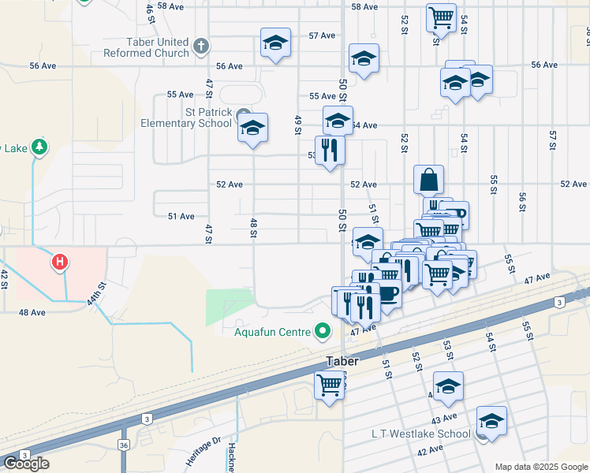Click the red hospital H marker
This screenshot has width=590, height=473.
point(58,261)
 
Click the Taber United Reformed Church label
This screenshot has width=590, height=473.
point(147,47)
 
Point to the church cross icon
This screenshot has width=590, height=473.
point(200,47)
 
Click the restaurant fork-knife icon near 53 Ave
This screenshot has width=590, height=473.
point(330,150)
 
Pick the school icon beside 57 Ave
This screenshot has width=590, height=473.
point(276,43)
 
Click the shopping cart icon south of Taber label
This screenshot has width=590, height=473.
point(330,385)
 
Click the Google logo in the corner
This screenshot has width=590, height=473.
point(26,463)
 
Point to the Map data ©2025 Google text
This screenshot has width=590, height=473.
point(541,467)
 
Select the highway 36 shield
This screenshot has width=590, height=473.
point(124,445)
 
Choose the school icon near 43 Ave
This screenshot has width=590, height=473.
point(448,385)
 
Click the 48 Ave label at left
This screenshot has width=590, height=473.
point(32,312)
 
